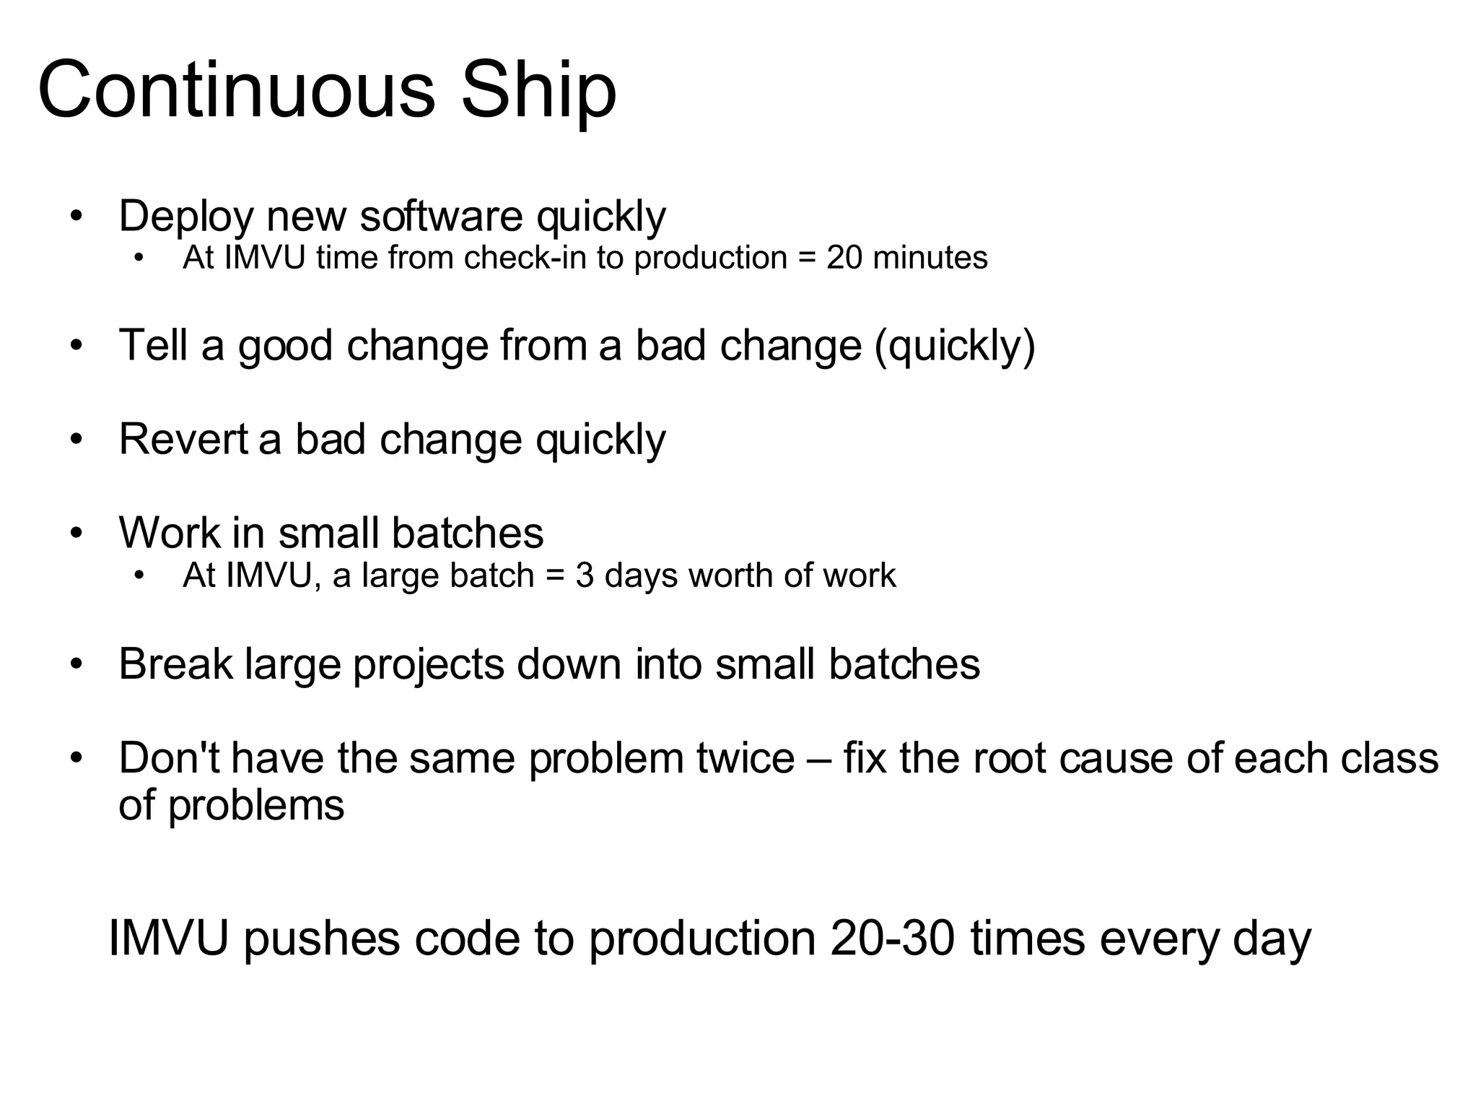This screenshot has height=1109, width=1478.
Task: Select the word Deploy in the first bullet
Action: pyautogui.click(x=186, y=217)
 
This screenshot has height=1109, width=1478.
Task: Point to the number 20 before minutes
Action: pyautogui.click(x=844, y=258)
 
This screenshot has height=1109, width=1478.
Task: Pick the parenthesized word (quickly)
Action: pyautogui.click(x=955, y=347)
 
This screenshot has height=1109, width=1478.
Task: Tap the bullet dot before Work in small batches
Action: pyautogui.click(x=77, y=534)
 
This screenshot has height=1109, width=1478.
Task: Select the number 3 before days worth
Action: pyautogui.click(x=584, y=575)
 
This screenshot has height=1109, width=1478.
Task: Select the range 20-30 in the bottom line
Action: pyautogui.click(x=893, y=939)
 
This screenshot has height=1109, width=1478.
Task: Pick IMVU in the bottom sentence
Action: pyautogui.click(x=168, y=939)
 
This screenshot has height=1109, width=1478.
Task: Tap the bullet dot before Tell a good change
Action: pyautogui.click(x=77, y=346)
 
